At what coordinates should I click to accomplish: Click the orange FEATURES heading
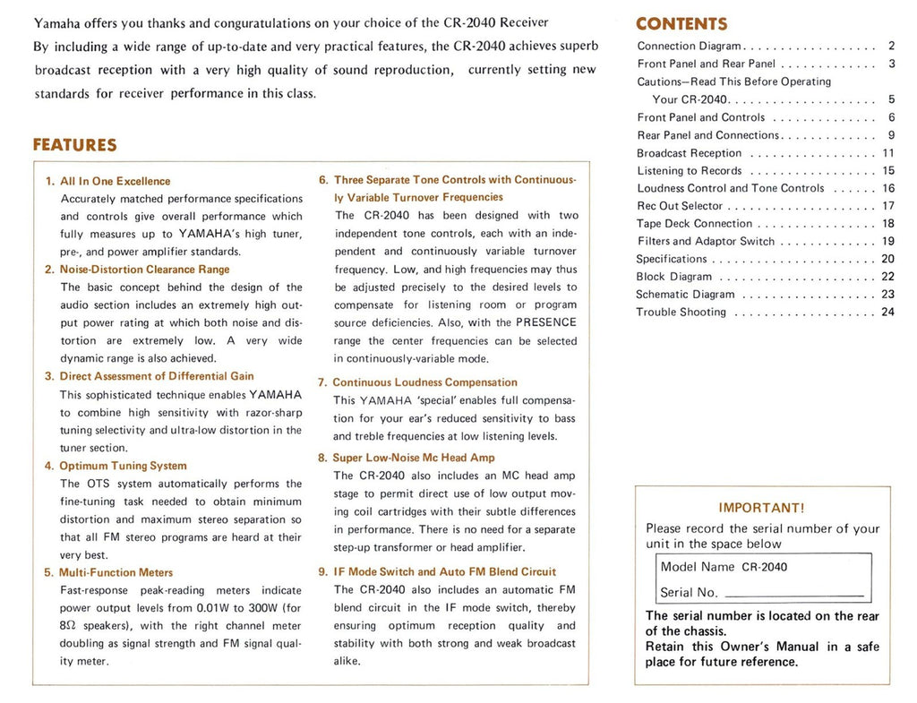click(74, 145)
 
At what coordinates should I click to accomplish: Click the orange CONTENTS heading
click(681, 24)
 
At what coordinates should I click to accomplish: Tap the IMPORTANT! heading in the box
click(761, 508)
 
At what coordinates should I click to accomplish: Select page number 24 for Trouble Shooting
click(887, 313)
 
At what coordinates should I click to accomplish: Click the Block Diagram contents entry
click(673, 277)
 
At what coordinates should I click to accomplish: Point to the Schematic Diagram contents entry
click(685, 295)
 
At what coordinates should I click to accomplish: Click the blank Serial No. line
click(794, 595)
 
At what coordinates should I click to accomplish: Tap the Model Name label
click(697, 567)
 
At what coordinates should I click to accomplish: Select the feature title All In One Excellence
click(115, 181)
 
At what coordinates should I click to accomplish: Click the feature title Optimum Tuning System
click(123, 466)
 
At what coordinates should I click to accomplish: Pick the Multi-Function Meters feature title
click(116, 572)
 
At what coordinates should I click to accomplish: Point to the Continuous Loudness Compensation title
click(424, 382)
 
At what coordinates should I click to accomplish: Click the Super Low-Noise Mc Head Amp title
click(413, 458)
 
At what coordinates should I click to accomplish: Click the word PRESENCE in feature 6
click(545, 322)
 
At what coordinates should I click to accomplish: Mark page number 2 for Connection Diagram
click(891, 46)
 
